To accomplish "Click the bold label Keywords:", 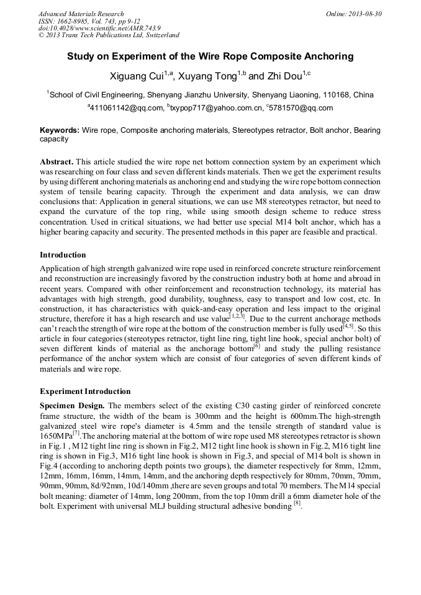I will pos(60,130).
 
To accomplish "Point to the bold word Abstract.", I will pos(57,161).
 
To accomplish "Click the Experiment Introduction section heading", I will pos(85,391).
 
